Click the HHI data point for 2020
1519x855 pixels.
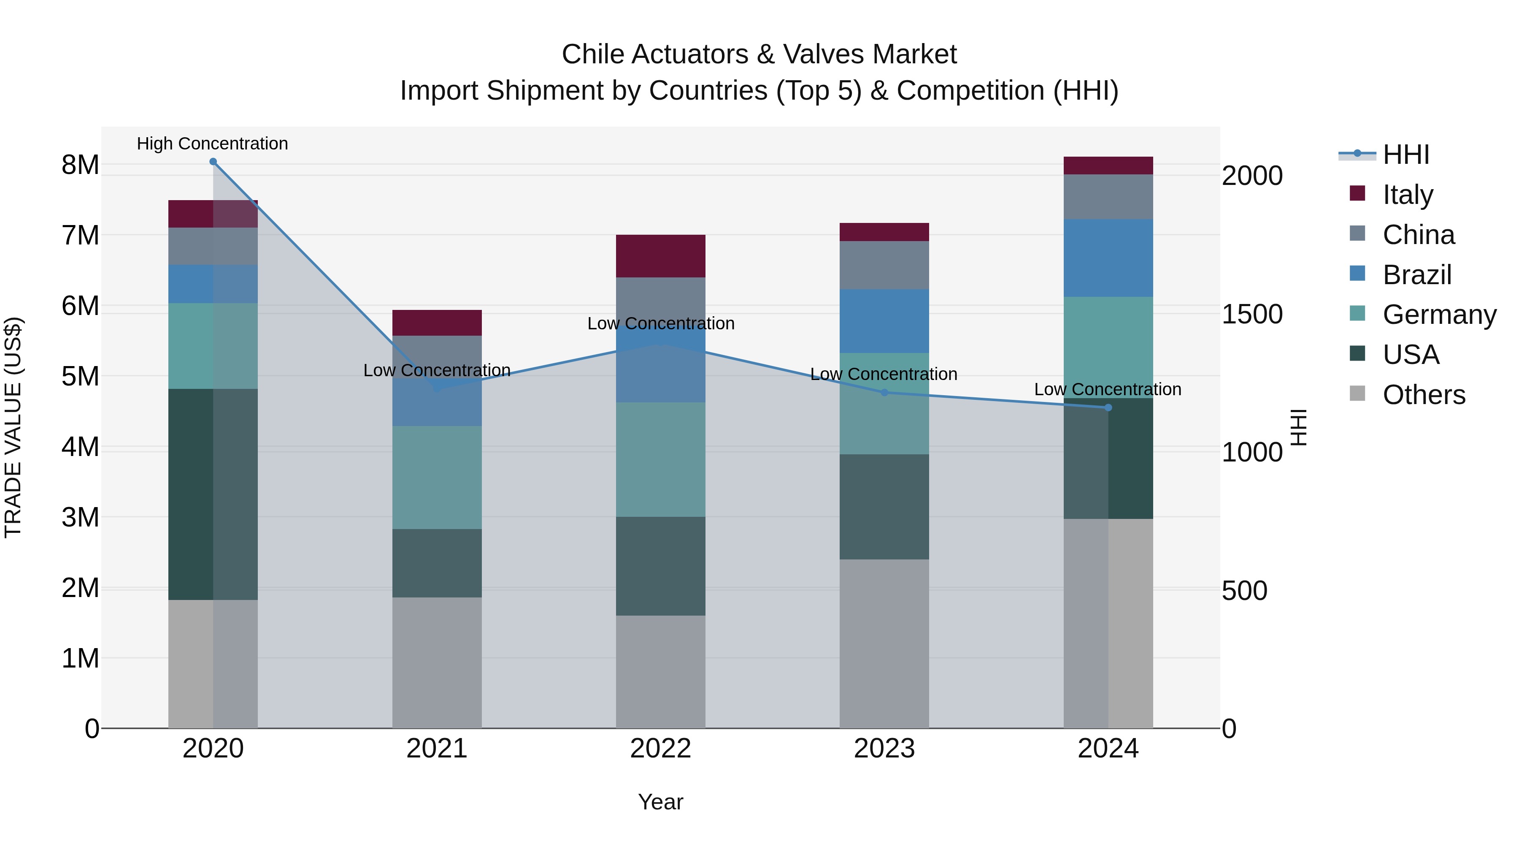pos(213,162)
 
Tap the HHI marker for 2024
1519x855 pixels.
pos(1108,408)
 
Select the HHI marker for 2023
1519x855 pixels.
pos(884,392)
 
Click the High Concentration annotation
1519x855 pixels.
pos(212,144)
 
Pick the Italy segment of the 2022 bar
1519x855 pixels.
pos(660,256)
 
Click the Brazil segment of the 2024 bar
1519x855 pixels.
pos(1108,258)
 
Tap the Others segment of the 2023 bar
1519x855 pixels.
pos(884,643)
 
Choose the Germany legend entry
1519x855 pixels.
pos(1439,315)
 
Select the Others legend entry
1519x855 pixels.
pos(1424,395)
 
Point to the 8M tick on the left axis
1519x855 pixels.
pos(80,165)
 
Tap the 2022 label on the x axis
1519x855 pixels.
pos(660,749)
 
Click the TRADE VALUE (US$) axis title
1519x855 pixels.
pos(13,427)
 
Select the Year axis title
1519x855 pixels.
pos(660,802)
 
